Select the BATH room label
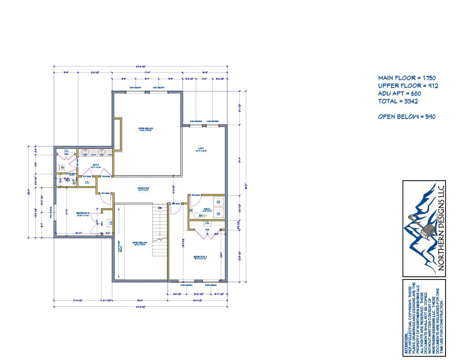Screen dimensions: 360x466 click(96, 165)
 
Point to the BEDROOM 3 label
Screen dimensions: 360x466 click(82, 213)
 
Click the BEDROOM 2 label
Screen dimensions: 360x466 click(201, 257)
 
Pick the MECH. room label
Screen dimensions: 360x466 click(206, 209)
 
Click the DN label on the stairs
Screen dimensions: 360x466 click(160, 208)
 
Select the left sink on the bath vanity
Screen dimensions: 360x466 click(86, 153)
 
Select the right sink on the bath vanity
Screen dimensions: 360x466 click(103, 153)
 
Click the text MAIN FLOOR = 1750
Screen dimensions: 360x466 click(407, 78)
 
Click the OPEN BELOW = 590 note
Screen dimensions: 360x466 click(407, 117)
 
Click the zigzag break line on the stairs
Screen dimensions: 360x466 click(160, 238)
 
